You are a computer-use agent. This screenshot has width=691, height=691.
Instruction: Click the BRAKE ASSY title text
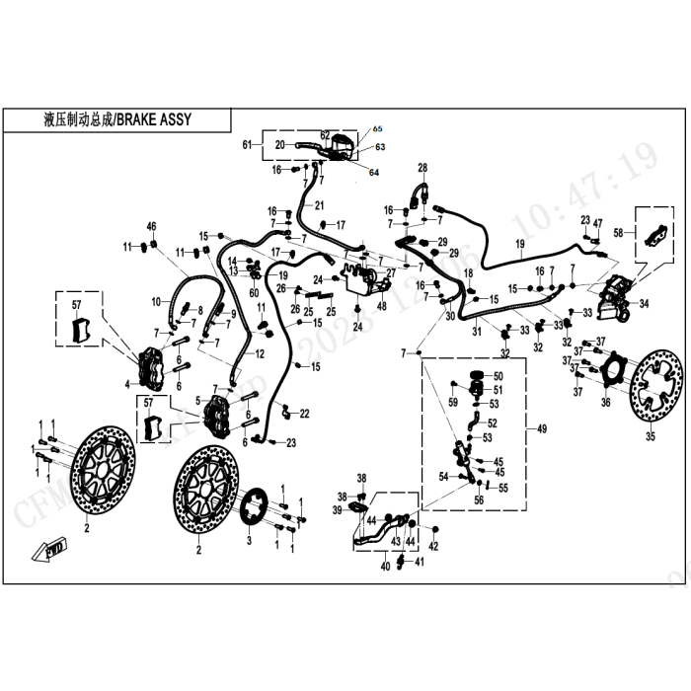[x=118, y=120]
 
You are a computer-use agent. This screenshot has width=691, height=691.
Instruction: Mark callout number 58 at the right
[x=619, y=233]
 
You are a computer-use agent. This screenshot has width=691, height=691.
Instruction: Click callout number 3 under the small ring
[x=250, y=541]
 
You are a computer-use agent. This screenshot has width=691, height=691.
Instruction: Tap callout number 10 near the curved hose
[x=156, y=301]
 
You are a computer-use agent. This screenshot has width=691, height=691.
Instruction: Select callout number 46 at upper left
[x=152, y=227]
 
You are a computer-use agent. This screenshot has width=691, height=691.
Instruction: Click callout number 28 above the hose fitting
[x=422, y=167]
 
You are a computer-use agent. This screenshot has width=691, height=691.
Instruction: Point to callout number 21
[x=319, y=205]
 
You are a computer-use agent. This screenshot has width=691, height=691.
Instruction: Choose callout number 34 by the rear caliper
[x=645, y=303]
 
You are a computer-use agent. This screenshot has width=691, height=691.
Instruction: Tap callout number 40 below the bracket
[x=386, y=566]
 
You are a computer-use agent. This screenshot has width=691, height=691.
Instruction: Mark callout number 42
[x=433, y=546]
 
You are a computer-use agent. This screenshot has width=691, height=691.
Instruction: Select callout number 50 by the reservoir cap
[x=498, y=376]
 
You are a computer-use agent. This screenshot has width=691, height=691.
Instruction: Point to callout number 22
[x=305, y=413]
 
